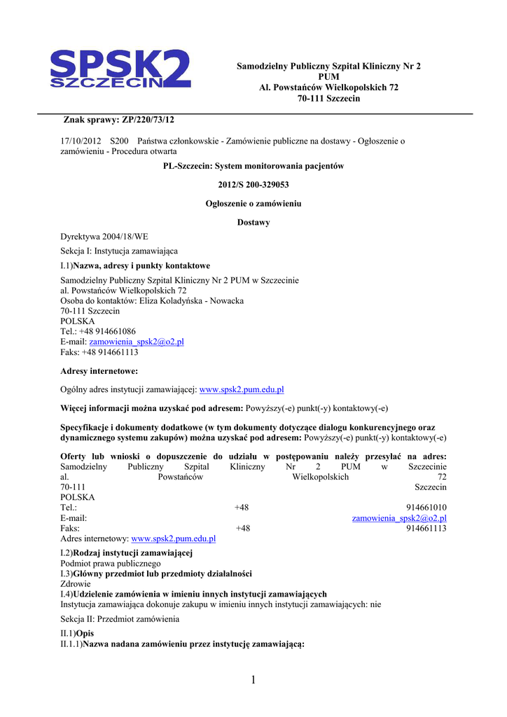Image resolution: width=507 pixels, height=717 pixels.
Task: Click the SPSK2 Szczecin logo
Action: point(120,69)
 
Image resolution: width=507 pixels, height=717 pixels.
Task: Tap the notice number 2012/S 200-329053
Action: point(253,185)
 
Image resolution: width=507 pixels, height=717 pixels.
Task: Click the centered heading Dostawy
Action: point(253,223)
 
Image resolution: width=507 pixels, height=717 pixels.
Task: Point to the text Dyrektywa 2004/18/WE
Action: point(104,237)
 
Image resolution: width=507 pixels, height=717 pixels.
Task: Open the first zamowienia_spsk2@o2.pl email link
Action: point(137,342)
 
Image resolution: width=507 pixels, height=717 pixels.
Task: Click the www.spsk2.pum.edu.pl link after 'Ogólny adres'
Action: point(242,389)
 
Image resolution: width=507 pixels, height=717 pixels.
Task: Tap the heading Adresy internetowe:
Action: point(99,370)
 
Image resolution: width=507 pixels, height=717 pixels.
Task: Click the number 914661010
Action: point(426,508)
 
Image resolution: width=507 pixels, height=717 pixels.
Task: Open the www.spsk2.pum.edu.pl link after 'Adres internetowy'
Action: point(174,539)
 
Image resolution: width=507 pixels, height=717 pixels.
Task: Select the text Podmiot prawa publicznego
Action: point(111,563)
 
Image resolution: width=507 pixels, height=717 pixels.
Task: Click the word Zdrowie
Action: point(76,583)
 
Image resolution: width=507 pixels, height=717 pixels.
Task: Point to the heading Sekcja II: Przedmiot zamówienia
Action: point(120,619)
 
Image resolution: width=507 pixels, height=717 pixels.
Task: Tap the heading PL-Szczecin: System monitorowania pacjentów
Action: point(253,166)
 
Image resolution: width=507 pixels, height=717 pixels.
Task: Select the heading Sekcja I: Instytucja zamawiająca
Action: point(119,251)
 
